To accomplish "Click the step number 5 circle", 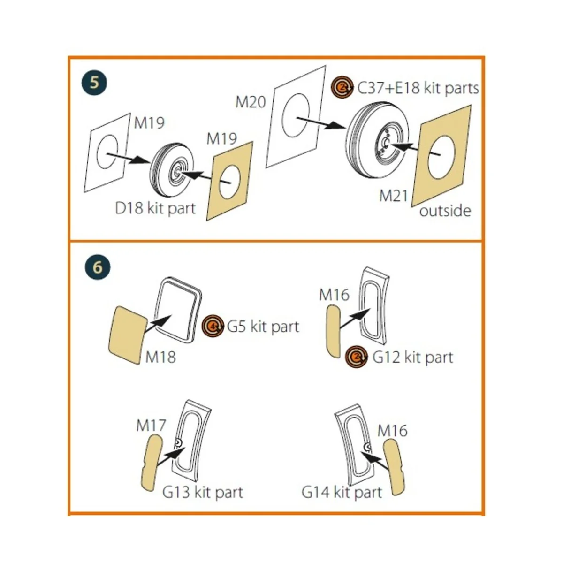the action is click(x=94, y=83).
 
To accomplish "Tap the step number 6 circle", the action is click(x=98, y=267).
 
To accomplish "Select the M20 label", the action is click(x=251, y=102).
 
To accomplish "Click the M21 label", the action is click(x=394, y=196).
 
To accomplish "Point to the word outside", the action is click(x=445, y=211).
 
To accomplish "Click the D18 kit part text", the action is click(x=155, y=208).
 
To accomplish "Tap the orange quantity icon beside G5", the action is click(x=213, y=326).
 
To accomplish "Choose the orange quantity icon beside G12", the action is click(x=356, y=357).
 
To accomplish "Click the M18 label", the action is click(x=160, y=357).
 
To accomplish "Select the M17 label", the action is click(x=151, y=426).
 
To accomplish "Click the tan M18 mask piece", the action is click(x=128, y=335).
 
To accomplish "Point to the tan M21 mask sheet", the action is click(x=441, y=156).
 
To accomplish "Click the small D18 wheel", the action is click(x=172, y=170).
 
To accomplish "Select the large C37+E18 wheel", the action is click(x=378, y=140).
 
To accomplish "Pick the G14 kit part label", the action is click(x=342, y=492).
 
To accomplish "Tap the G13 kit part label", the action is click(x=203, y=492).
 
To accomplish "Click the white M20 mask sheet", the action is click(x=296, y=116).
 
